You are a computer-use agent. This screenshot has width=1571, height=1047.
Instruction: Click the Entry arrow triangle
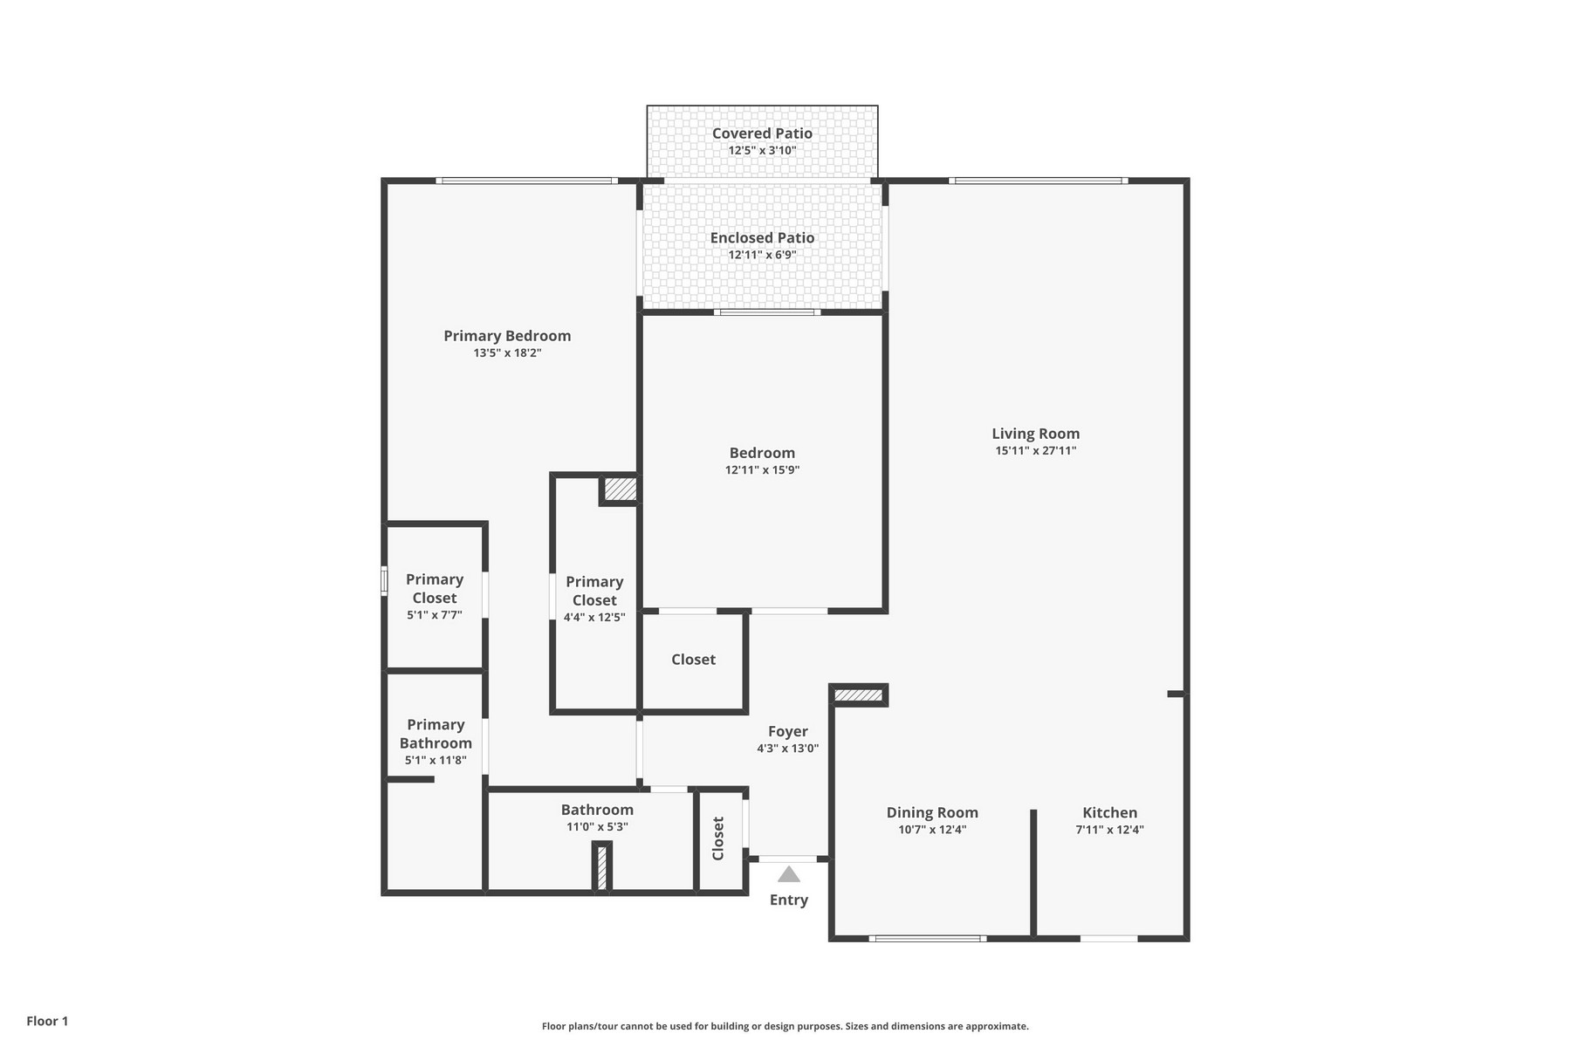pos(788,874)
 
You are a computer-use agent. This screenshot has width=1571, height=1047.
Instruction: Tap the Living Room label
pos(1035,434)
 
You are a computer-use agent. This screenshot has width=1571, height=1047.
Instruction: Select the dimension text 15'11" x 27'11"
pos(1035,451)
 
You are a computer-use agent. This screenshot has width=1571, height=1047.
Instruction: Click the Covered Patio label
pos(762,133)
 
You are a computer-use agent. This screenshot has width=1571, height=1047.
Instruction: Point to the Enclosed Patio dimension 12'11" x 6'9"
pos(762,255)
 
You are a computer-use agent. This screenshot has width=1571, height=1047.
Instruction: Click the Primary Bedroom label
pos(507,336)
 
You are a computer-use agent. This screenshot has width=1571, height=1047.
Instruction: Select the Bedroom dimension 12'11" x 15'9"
pos(762,470)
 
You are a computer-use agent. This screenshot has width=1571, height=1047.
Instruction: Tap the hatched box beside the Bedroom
pos(621,489)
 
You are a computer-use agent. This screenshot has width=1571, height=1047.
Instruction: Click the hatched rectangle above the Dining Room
pos(859,695)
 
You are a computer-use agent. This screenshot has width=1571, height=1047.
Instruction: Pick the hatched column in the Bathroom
pos(601,867)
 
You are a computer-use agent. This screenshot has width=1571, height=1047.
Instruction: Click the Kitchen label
pos(1109,812)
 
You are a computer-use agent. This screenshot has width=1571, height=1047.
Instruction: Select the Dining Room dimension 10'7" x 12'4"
pos(932,830)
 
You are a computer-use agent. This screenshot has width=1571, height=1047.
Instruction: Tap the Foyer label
pos(787,731)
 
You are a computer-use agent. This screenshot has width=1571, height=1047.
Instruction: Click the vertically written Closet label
pos(718,838)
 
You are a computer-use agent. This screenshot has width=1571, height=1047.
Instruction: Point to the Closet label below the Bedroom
pos(693,660)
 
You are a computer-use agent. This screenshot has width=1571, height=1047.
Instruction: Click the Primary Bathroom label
pos(436,734)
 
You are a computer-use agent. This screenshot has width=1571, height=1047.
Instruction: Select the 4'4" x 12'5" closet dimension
pos(594,618)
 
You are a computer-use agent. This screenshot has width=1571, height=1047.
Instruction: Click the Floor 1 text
pos(47,1021)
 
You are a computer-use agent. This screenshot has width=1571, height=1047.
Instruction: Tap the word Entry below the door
pos(788,900)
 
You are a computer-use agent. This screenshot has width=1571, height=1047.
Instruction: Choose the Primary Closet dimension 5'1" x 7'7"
pos(434,615)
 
